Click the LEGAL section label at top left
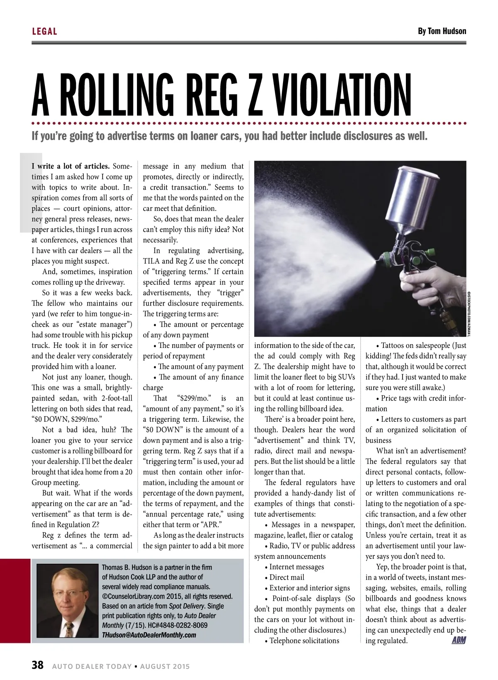(x=44, y=32)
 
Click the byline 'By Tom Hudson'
(x=442, y=32)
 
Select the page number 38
(x=37, y=665)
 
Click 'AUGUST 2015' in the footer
(x=165, y=666)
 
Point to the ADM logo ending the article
(x=459, y=640)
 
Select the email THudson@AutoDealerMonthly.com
(x=149, y=635)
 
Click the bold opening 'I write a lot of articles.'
(x=71, y=166)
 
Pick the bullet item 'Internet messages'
(x=296, y=567)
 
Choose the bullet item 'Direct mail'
(x=286, y=577)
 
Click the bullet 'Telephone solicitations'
(x=304, y=641)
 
